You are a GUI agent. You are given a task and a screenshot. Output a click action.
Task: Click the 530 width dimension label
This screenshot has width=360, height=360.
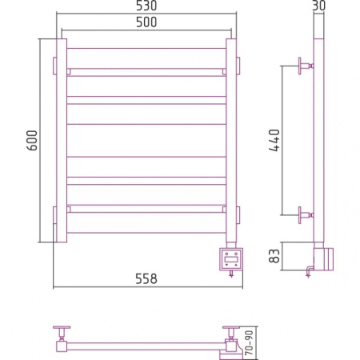tap(146, 6)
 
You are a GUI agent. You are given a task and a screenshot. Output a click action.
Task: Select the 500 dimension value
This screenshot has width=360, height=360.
tap(146, 22)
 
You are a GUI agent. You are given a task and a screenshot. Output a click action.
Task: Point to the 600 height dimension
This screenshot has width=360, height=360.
tap(33, 140)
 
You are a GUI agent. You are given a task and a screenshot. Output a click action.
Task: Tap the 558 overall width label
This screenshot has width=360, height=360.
tap(146, 278)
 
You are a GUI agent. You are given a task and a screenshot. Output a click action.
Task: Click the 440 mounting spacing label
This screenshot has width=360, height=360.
tap(274, 140)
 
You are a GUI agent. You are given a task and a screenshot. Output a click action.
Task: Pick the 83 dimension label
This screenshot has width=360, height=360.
tap(274, 256)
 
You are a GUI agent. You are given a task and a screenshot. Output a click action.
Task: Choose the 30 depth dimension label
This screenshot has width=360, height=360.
tap(318, 6)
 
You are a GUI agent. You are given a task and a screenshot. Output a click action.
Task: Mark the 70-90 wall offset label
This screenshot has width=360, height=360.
tap(249, 342)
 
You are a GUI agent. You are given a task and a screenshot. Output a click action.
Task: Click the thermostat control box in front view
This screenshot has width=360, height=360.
tap(231, 259)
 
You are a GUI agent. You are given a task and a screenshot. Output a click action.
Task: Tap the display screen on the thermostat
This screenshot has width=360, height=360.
tap(231, 258)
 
